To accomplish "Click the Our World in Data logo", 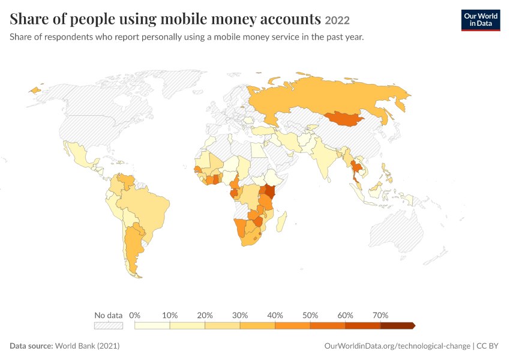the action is (481, 20).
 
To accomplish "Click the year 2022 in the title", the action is (337, 20).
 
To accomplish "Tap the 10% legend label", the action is (170, 315).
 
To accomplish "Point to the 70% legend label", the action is (380, 315).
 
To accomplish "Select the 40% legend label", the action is (275, 315).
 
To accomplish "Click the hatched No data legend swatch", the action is (109, 326).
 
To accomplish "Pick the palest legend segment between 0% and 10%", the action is (152, 326).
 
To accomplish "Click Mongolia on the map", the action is (345, 119).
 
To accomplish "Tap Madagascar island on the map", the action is (281, 221).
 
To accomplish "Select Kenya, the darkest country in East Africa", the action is (270, 191).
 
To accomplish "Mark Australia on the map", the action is (396, 231).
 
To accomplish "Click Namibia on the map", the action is (240, 227).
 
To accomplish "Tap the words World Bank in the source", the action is (75, 346).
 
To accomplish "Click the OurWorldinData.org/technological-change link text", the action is (397, 346).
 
